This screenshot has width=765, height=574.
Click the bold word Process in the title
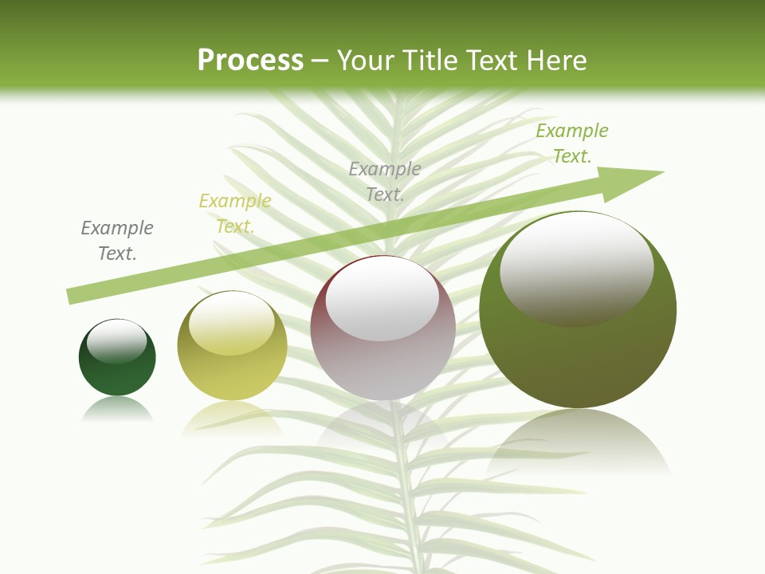click(250, 61)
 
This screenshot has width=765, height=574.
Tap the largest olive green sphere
click(578, 351)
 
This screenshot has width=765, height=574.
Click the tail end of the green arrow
click(72, 296)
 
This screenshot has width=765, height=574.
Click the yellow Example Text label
click(235, 214)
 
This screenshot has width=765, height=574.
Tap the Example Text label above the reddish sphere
click(385, 181)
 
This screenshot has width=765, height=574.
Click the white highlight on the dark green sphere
click(116, 341)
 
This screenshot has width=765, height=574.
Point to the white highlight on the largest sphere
click(576, 267)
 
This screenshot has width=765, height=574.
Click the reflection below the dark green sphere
click(117, 411)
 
